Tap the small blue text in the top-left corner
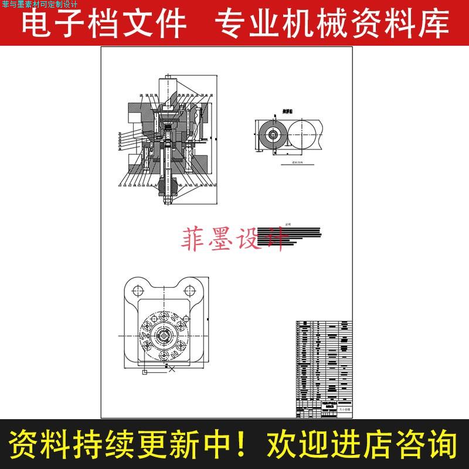point(44,5)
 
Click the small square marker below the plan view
point(144,371)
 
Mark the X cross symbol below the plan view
point(172,369)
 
